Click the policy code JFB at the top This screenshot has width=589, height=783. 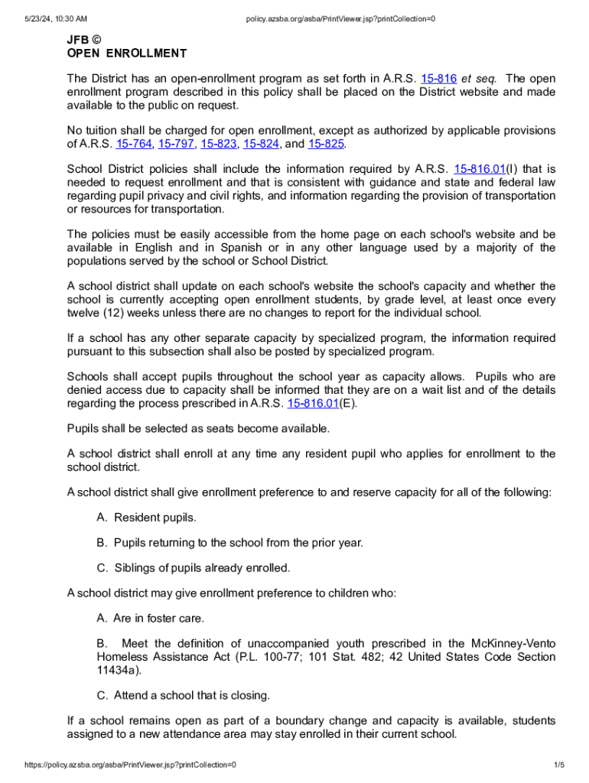point(76,39)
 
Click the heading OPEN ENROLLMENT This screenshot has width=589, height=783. point(127,54)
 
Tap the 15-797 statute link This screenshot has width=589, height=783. point(176,144)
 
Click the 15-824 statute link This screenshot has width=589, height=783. point(261,144)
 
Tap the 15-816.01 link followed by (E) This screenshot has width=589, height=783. point(313,403)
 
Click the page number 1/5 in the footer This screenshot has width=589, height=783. point(559,765)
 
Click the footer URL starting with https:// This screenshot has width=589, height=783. point(130,765)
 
